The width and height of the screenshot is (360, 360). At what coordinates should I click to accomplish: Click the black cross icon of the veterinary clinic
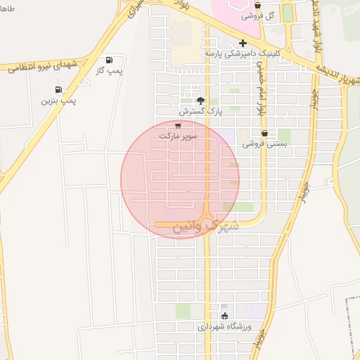tap(243, 43)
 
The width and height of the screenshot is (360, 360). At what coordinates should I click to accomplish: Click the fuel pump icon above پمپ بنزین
tap(58, 89)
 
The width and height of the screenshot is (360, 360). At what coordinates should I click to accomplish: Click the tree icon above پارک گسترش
tap(200, 100)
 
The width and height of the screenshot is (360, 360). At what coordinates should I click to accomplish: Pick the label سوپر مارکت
tap(178, 134)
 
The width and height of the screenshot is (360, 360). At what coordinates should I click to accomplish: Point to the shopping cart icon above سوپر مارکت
tap(177, 124)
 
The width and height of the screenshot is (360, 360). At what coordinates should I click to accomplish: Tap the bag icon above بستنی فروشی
tap(264, 133)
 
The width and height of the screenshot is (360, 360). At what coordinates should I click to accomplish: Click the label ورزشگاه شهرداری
tap(224, 327)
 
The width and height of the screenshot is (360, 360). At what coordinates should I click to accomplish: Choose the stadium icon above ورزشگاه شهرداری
tap(224, 316)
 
